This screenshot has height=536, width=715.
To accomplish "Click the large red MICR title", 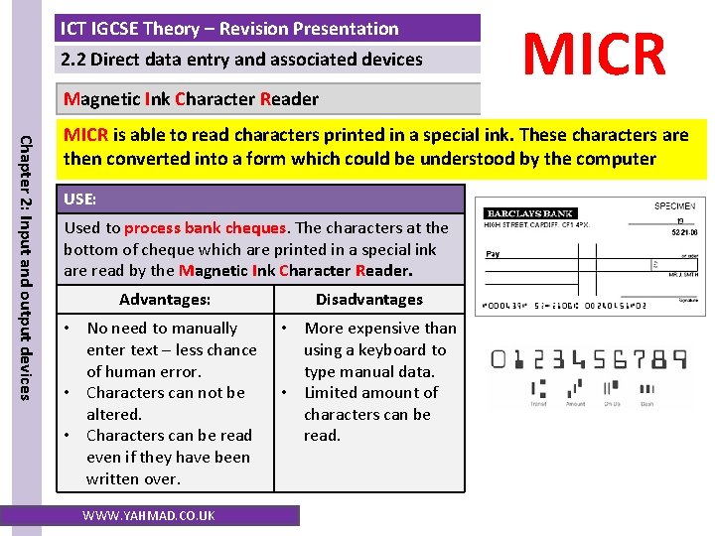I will coord(595,54).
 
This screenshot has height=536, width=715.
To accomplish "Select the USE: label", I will coord(79,200).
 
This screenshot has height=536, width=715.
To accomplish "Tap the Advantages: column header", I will coord(165,299).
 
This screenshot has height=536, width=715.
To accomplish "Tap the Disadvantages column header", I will coord(368,299).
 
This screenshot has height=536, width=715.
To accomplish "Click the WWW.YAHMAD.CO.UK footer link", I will coord(149,515).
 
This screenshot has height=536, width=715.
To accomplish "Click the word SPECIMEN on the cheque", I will coord(674,205).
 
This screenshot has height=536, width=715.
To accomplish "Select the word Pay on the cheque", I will coord(493,253).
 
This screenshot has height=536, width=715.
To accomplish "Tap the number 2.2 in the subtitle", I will coord(73,60).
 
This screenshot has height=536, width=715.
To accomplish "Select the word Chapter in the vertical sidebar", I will coord(27,162).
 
